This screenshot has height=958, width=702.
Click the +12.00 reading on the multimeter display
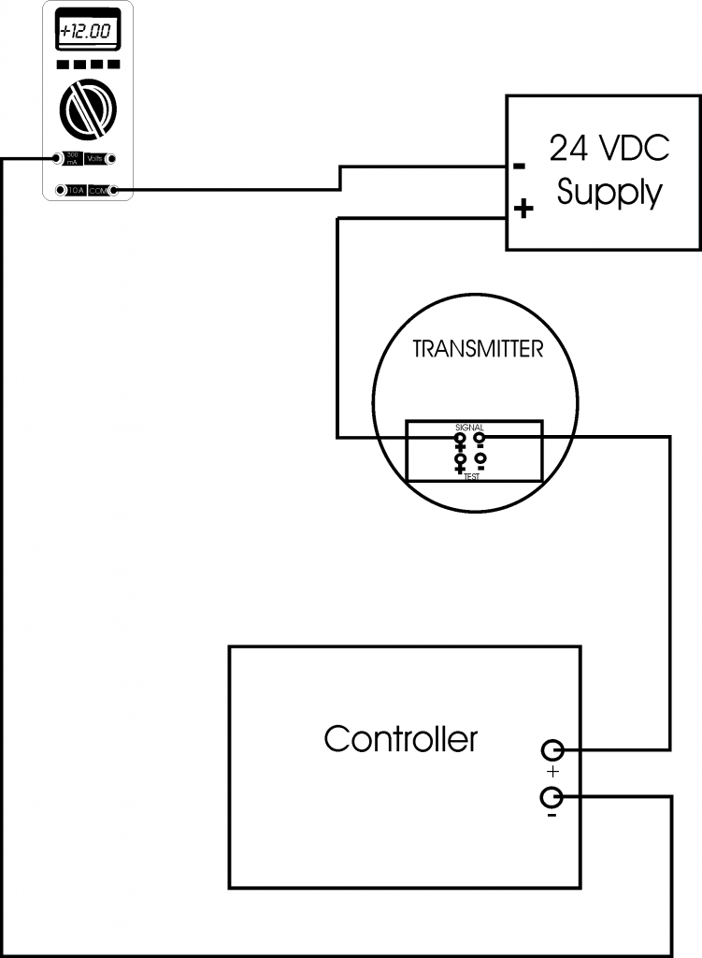[85, 32]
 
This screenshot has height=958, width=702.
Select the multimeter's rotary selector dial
[87, 109]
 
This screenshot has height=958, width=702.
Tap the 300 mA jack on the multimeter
[58, 159]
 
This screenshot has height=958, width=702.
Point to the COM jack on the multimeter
[113, 191]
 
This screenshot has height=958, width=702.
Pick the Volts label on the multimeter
[94, 160]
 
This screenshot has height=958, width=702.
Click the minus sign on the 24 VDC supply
[520, 167]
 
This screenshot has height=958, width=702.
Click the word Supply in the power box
[609, 193]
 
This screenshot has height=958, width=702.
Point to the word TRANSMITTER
[478, 350]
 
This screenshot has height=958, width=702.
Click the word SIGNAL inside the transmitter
[469, 427]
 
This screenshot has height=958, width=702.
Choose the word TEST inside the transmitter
[471, 476]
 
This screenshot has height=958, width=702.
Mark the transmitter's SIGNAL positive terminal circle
[460, 437]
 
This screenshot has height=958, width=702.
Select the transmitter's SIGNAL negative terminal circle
[480, 437]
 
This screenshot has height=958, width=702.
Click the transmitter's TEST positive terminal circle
[460, 457]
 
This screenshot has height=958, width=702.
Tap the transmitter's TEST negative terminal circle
[480, 457]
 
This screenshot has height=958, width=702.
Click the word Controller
[400, 739]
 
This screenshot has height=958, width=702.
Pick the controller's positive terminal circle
[552, 749]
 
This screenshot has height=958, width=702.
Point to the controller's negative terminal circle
[552, 797]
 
